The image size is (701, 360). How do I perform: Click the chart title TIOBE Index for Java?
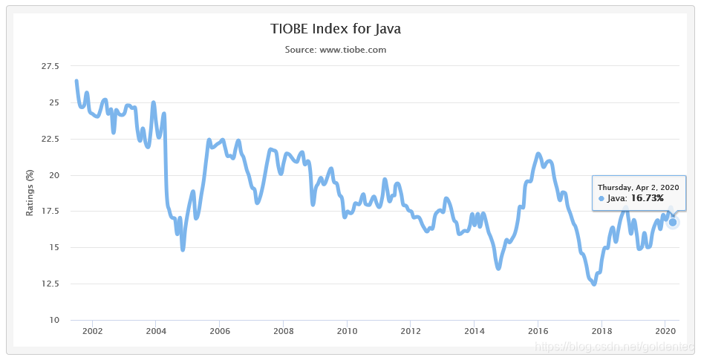pos(336,29)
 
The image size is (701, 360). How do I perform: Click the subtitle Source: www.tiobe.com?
pos(336,50)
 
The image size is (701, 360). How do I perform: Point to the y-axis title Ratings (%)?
pos(30,192)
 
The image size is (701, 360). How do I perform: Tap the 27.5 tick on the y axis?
pos(50,66)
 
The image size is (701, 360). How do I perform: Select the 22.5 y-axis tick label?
pos(50,139)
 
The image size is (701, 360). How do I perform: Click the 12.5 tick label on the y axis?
pos(50,284)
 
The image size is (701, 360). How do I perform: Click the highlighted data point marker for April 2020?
pos(673,222)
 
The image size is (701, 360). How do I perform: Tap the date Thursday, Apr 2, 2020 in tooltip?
pos(639,187)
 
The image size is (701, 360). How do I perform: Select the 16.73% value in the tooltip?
pos(647,198)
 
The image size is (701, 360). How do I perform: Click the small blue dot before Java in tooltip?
pos(601,199)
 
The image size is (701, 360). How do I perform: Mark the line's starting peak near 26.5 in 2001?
pos(76,81)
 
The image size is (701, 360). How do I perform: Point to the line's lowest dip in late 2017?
pos(593,284)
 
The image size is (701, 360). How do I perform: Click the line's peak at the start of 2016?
pos(538,154)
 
